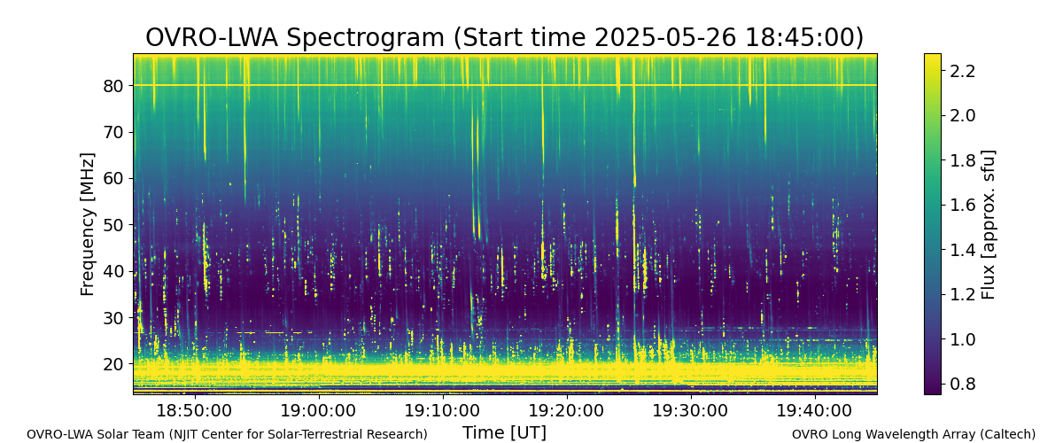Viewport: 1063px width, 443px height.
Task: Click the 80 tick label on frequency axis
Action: [113, 86]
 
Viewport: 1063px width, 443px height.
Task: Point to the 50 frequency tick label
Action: [113, 225]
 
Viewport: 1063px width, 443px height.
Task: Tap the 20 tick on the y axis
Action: [113, 364]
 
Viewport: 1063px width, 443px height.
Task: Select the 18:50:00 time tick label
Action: [194, 411]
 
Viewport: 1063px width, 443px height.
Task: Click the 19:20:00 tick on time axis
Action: [567, 411]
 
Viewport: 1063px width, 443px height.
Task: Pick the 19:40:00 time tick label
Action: [815, 411]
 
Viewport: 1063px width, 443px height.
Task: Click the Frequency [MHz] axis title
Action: [88, 224]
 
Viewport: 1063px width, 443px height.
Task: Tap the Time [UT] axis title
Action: [504, 432]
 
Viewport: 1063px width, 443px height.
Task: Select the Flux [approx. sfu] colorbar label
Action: [988, 224]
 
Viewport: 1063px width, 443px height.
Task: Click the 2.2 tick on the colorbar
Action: [962, 71]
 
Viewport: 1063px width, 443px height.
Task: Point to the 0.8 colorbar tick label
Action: [962, 384]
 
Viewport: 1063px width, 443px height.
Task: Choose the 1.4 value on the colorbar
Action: [962, 250]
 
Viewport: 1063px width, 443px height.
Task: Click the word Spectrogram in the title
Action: [365, 38]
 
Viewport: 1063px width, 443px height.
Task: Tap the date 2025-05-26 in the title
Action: [666, 37]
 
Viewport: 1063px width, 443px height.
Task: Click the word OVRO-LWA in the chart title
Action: [212, 37]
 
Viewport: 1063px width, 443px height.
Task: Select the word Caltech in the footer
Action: [1012, 434]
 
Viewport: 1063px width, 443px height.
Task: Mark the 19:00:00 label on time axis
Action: [318, 411]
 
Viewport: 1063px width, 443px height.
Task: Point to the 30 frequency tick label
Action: [113, 318]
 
